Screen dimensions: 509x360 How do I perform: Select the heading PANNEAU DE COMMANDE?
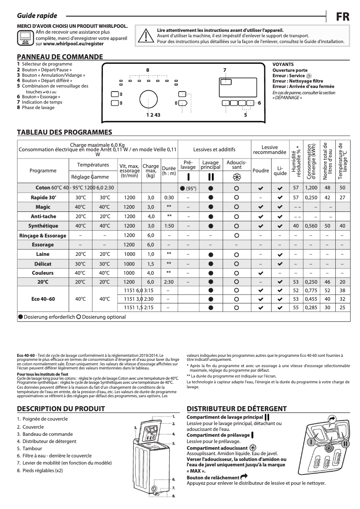tap(60, 57)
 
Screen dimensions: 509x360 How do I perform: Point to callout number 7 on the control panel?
tap(224, 70)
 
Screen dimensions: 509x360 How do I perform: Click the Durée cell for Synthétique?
tap(169, 226)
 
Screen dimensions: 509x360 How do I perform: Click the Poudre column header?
tap(261, 171)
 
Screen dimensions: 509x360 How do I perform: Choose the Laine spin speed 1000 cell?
tap(129, 254)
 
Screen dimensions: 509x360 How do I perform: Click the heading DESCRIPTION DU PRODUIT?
tap(61, 409)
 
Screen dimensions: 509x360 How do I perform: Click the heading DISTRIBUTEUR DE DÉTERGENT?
tap(237, 409)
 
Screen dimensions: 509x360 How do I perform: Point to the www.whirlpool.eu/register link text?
tap(69, 44)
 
